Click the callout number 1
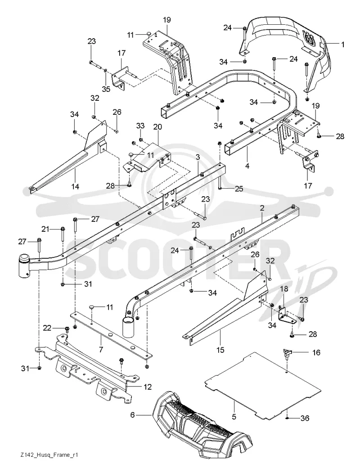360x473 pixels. [x=342, y=45]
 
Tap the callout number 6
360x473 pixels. [x=132, y=415]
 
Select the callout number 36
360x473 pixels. [x=305, y=418]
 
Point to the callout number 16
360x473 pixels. [x=316, y=352]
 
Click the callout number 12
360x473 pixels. [x=148, y=387]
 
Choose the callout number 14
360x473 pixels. [x=75, y=186]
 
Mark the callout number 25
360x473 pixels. [x=239, y=189]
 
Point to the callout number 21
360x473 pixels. [x=45, y=229]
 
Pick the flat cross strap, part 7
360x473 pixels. [x=111, y=334]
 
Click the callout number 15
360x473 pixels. [x=220, y=350]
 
